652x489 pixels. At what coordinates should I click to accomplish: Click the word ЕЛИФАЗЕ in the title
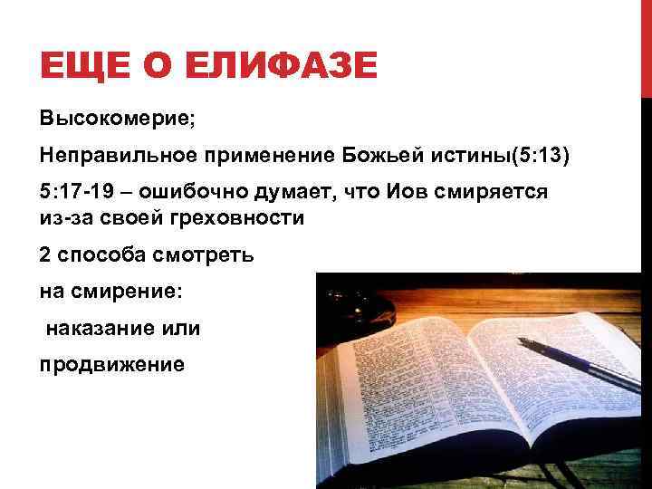(272, 68)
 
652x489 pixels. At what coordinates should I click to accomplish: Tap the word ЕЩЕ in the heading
(79, 68)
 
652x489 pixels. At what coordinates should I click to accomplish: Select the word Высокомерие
(108, 120)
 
